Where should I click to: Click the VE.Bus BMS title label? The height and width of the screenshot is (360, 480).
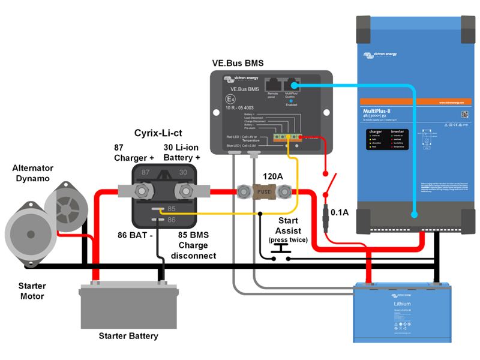[x=238, y=63]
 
